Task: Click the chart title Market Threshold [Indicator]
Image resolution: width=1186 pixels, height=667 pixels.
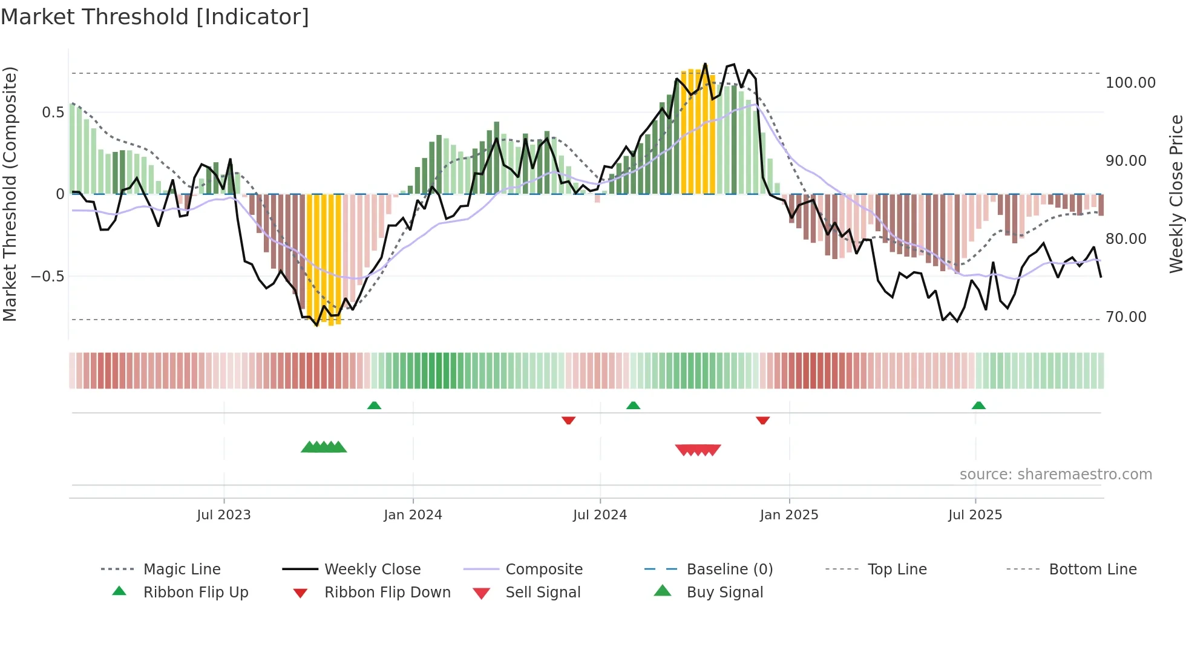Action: (x=155, y=17)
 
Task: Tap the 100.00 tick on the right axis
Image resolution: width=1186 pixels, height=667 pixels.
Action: (x=1130, y=83)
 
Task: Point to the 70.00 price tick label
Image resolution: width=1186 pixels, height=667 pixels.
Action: (x=1125, y=317)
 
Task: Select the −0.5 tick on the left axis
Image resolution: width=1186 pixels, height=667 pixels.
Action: (x=47, y=277)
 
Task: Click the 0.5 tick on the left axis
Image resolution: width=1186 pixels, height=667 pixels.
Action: (x=53, y=113)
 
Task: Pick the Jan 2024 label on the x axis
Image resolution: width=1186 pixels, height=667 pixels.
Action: (x=413, y=515)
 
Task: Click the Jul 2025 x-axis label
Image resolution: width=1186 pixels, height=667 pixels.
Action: (x=975, y=515)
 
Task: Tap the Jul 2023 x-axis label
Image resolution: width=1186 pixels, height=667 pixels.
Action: (x=223, y=515)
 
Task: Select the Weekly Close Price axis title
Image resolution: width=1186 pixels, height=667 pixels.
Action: (x=1176, y=194)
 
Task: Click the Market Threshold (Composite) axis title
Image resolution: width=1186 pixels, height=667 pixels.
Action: (x=10, y=194)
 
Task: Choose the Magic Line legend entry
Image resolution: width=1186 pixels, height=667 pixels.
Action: (x=182, y=570)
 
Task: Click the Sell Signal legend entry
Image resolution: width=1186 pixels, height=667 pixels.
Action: (x=543, y=593)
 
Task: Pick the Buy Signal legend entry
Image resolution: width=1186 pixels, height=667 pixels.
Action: (x=724, y=593)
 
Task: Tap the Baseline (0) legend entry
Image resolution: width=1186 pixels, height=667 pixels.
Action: (x=729, y=570)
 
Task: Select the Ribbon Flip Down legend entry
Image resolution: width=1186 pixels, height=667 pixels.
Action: (x=387, y=593)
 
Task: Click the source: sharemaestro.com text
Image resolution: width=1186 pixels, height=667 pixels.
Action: (x=1055, y=475)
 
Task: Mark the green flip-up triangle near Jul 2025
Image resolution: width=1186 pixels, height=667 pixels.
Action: (x=978, y=406)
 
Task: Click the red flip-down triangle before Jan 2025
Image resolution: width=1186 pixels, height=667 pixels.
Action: (x=762, y=420)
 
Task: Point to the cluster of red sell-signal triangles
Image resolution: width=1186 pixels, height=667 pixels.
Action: (x=698, y=450)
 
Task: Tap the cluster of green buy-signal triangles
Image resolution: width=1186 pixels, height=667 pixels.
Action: (x=324, y=447)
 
